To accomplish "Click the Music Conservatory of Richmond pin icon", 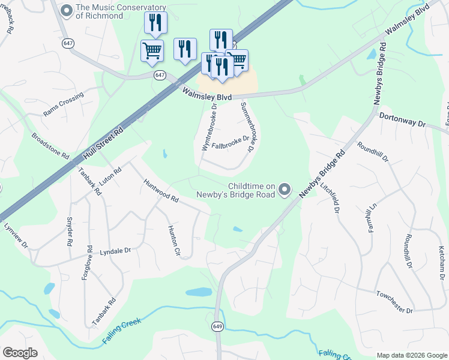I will [67, 10].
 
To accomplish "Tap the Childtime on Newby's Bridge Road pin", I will [285, 190].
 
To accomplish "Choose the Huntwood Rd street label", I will [161, 190].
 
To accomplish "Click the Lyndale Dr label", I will [115, 251].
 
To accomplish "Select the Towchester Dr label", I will [395, 302].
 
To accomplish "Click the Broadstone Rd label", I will [50, 146].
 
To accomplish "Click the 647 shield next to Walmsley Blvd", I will [159, 75].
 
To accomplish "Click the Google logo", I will [20, 353].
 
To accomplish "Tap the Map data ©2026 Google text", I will [411, 355].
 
